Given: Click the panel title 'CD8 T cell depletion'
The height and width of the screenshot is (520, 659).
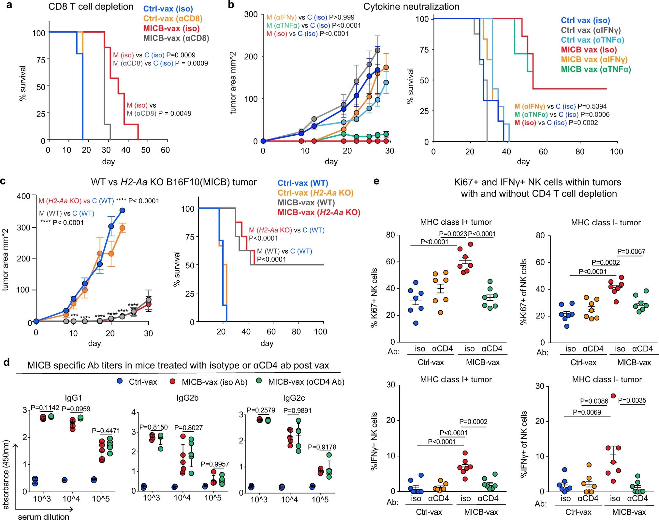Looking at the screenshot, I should (x=91, y=7).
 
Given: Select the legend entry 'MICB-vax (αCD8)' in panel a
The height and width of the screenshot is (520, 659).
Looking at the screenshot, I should (x=176, y=38).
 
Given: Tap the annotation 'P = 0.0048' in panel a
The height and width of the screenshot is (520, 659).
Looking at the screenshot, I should (x=175, y=113).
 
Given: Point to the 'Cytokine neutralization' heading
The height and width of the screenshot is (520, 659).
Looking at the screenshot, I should (x=411, y=7).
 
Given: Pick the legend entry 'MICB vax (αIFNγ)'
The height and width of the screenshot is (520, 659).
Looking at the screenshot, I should (x=594, y=59).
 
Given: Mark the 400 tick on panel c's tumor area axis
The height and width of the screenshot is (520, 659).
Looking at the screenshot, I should (x=23, y=196).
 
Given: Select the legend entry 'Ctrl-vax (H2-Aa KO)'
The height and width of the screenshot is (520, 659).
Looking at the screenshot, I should (x=315, y=193).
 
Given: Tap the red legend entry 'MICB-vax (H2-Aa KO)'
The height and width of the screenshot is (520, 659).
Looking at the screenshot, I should (x=319, y=212).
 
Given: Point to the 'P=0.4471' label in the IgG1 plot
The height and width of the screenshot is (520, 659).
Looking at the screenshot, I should (x=106, y=431).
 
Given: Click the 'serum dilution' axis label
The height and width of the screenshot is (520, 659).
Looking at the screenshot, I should (x=44, y=516).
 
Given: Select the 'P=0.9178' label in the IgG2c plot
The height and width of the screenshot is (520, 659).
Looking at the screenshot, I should (x=322, y=447).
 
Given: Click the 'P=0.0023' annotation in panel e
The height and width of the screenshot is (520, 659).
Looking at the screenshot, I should (x=453, y=234).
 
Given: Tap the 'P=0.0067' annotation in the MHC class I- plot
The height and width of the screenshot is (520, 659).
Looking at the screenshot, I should (x=631, y=251).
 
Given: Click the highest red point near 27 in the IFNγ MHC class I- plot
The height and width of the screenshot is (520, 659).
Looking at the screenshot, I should (x=613, y=396).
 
